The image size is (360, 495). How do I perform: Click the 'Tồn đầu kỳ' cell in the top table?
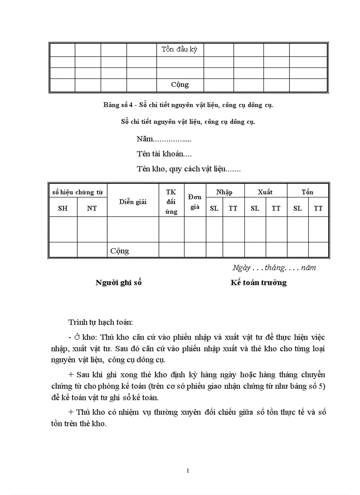(180, 49)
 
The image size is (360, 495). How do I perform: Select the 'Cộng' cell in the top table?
(180, 85)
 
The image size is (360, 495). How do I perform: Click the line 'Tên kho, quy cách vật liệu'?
(188, 169)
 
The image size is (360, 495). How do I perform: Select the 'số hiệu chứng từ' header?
(77, 192)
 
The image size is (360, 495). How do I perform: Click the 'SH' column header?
(63, 208)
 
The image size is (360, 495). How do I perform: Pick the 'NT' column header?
(92, 208)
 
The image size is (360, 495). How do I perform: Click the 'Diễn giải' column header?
(132, 201)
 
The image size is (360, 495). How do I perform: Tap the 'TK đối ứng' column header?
(171, 202)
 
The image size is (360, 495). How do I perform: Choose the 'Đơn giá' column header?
(195, 202)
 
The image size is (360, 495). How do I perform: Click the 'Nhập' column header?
(224, 192)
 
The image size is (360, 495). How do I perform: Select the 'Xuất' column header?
(265, 192)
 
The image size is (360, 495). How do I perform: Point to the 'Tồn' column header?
(307, 192)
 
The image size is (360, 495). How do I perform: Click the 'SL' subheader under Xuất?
(255, 208)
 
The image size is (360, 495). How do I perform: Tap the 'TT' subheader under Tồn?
(318, 208)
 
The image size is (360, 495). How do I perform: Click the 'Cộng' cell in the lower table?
(120, 251)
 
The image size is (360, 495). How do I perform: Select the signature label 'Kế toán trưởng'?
(259, 283)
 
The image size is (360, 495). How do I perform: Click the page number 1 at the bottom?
(188, 471)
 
